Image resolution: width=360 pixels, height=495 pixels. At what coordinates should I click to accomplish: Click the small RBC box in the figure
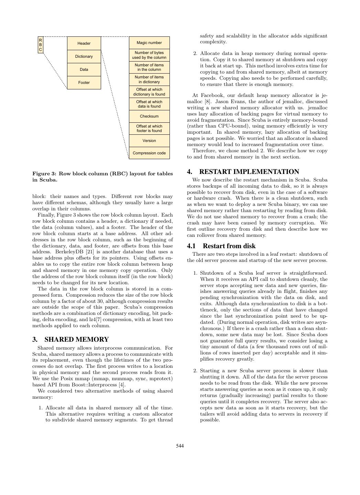click(41, 45)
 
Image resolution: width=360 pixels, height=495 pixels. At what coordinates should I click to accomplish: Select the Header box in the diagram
click(84, 43)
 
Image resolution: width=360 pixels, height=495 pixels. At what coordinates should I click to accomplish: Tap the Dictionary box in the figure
click(84, 56)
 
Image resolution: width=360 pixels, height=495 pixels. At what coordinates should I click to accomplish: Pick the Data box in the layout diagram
click(84, 69)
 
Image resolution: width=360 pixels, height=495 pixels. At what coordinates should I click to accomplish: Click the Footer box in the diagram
click(84, 82)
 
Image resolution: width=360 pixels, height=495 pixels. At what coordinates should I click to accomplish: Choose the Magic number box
click(149, 43)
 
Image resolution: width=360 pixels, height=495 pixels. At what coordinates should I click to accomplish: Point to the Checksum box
click(149, 116)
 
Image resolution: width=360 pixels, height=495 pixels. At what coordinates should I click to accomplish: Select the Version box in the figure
click(149, 141)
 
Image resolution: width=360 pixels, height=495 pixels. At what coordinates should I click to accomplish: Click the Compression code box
click(149, 153)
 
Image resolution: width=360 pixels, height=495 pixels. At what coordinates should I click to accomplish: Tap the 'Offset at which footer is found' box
click(149, 129)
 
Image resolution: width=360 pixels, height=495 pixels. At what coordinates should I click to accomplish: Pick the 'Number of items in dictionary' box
click(149, 79)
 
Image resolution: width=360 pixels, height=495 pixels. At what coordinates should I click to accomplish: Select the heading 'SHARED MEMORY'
click(77, 340)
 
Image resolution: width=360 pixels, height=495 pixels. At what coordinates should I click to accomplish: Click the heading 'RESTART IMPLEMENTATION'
click(249, 172)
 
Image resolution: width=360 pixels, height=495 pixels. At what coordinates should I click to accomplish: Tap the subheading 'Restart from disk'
click(229, 246)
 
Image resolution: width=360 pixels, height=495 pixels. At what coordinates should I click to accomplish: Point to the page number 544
click(180, 446)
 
